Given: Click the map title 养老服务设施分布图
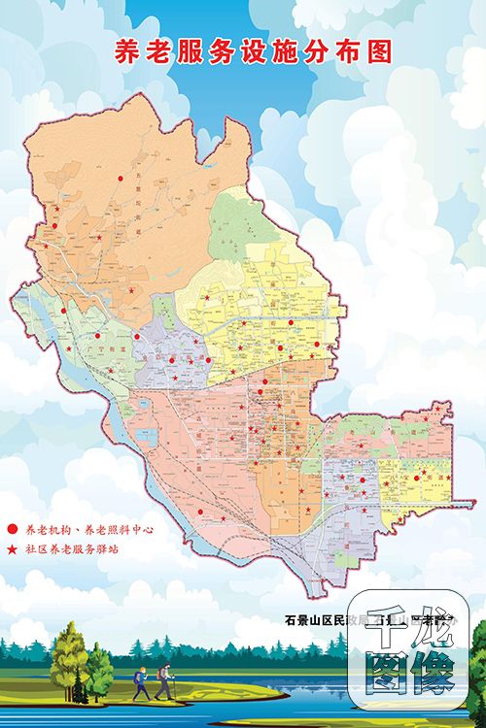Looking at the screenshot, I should [x=254, y=52].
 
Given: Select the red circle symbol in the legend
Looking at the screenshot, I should [x=12, y=530].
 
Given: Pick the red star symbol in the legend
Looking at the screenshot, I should [x=12, y=550].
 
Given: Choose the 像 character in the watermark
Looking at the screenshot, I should [x=434, y=676].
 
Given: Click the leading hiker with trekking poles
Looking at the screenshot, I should [x=163, y=683].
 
